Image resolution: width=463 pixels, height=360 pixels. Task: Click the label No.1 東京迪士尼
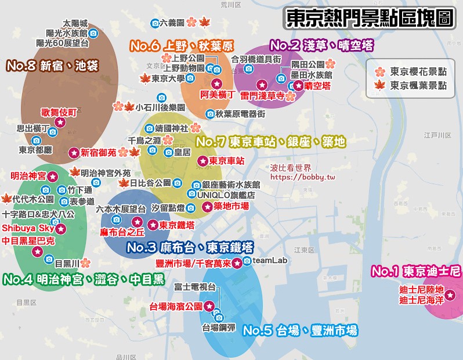415,271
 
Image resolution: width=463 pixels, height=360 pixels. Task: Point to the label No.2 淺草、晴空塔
321,45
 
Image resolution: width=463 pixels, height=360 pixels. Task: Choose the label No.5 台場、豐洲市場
300,330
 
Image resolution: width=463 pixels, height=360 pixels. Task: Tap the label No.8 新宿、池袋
48,66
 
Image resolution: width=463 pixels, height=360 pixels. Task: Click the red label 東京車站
226,161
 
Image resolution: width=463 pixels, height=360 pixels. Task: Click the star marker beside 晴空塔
298,85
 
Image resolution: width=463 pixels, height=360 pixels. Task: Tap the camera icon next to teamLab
247,261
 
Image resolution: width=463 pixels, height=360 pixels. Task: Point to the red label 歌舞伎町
59,112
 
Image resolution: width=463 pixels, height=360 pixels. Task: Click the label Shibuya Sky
27,229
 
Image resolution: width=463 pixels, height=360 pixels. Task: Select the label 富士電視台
195,287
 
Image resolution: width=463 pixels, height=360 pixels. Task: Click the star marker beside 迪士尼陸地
451,295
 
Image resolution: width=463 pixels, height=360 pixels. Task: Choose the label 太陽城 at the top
75,24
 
